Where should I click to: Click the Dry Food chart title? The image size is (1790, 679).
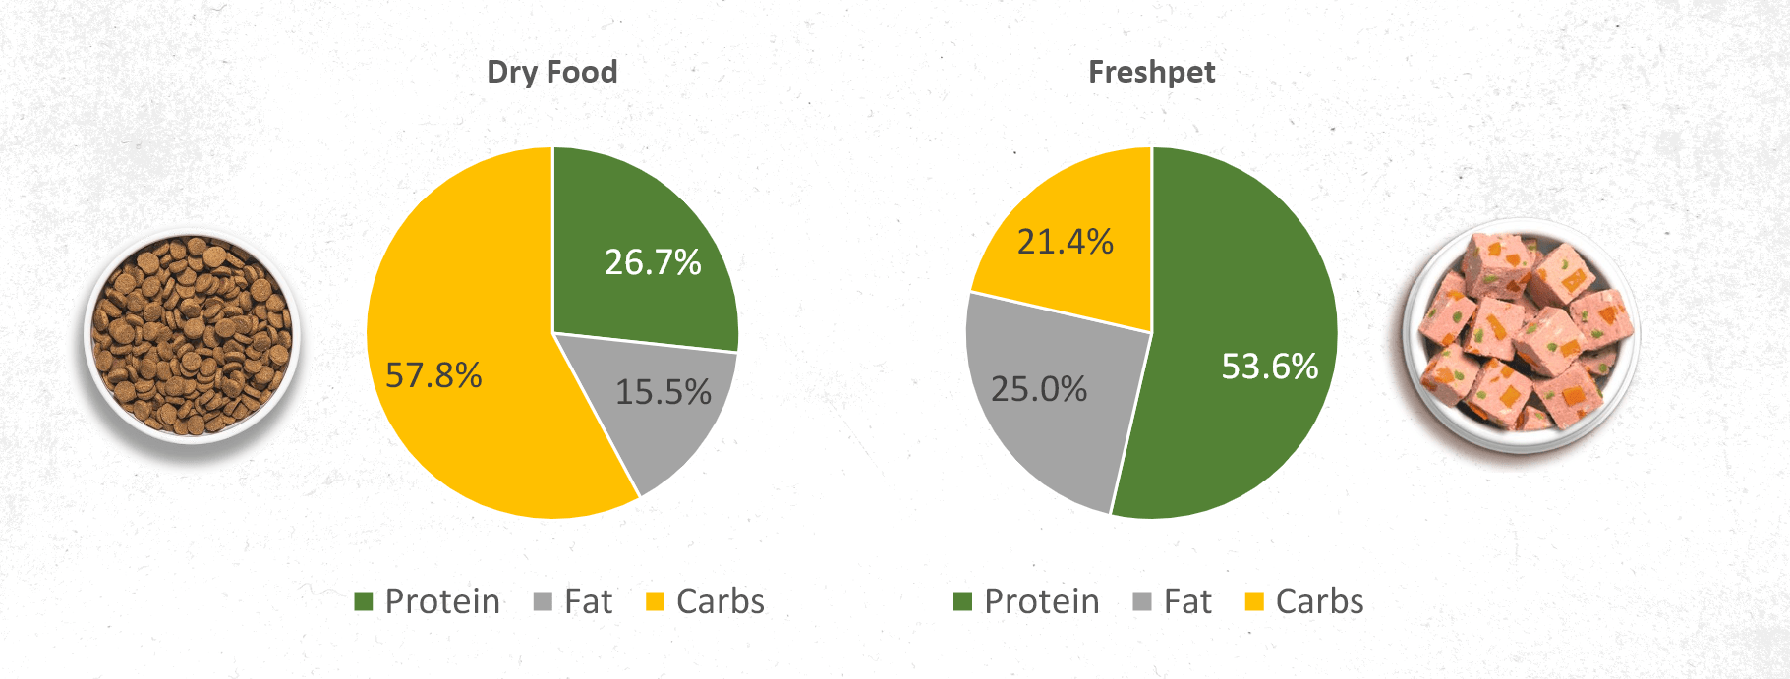pyautogui.click(x=552, y=72)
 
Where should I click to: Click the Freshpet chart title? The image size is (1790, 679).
pyautogui.click(x=1151, y=72)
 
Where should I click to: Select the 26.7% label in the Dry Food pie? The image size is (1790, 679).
pyautogui.click(x=653, y=262)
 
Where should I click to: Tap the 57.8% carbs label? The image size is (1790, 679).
pyautogui.click(x=433, y=375)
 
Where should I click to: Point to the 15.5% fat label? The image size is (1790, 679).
pyautogui.click(x=664, y=392)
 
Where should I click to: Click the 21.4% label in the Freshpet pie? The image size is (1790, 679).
pyautogui.click(x=1066, y=242)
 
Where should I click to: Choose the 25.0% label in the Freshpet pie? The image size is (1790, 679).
pyautogui.click(x=1039, y=389)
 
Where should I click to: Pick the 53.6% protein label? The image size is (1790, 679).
pyautogui.click(x=1269, y=367)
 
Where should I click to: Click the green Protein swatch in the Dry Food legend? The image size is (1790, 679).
pyautogui.click(x=364, y=601)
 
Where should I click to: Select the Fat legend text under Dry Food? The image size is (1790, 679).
pyautogui.click(x=588, y=601)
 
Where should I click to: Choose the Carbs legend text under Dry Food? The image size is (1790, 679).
pyautogui.click(x=721, y=601)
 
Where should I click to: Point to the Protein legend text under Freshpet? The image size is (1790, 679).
pyautogui.click(x=1042, y=601)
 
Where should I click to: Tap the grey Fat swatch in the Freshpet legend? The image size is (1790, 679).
pyautogui.click(x=1142, y=601)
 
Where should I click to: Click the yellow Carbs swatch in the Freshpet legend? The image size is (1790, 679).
pyautogui.click(x=1254, y=601)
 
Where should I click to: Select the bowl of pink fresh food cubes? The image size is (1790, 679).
pyautogui.click(x=1522, y=334)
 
